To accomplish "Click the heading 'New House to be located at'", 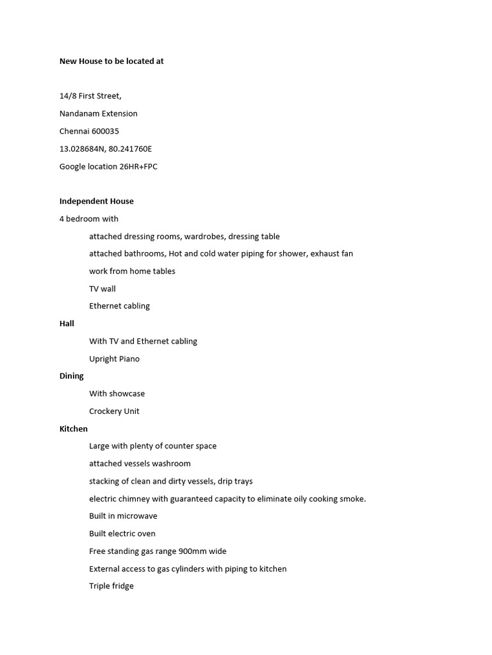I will tap(111, 61).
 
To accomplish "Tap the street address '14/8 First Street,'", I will tap(90, 96).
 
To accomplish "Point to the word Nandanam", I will tap(79, 114).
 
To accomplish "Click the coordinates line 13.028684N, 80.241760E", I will tap(106, 149).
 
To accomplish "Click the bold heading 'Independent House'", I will tap(97, 201).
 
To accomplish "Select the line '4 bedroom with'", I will tap(89, 219).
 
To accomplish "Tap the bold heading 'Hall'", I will tap(67, 324).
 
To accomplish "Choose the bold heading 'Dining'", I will tap(72, 376).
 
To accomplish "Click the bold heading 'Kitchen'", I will tap(74, 429).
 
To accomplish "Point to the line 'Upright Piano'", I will tap(114, 359).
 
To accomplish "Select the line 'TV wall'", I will tap(102, 289).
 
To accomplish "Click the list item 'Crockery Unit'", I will tap(114, 411).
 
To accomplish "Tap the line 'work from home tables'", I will tap(132, 271).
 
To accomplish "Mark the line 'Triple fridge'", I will tap(111, 586).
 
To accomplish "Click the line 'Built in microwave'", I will tap(123, 516).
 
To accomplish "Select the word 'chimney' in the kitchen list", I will tap(138, 499).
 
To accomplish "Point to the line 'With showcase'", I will tap(117, 394).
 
